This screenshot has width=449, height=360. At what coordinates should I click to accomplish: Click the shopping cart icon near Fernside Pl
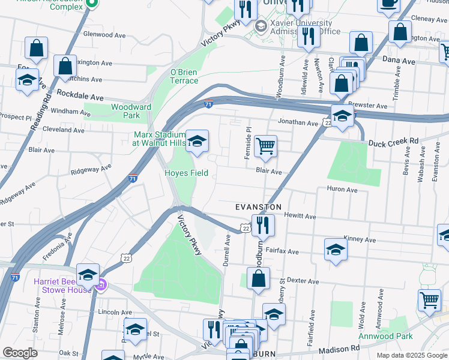(265, 145)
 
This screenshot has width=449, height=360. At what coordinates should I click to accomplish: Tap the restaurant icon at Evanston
(263, 225)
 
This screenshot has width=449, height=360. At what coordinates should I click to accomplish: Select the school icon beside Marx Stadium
(197, 142)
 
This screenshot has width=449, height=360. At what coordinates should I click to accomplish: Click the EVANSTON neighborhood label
(258, 206)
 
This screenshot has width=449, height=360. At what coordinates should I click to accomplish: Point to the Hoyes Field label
(187, 173)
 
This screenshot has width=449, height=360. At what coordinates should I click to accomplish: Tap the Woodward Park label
(125, 111)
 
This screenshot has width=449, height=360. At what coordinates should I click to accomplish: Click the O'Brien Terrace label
(184, 76)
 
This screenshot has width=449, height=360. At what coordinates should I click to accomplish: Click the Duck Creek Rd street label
(393, 143)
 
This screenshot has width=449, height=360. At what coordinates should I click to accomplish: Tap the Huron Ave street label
(343, 190)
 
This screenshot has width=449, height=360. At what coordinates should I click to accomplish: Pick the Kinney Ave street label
(360, 239)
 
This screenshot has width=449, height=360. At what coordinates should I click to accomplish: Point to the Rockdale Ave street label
(80, 96)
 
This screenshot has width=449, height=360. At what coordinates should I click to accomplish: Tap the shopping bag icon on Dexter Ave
(258, 278)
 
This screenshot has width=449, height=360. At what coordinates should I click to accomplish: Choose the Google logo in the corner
(20, 353)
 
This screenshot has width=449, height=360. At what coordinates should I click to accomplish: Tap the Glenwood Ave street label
(104, 35)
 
